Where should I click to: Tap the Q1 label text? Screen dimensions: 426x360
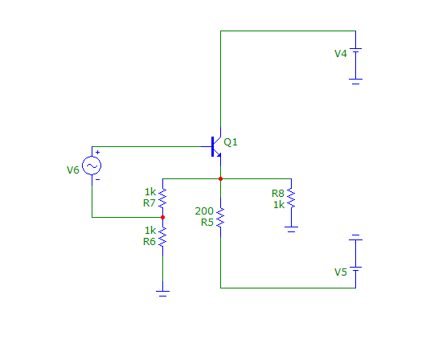click(x=231, y=142)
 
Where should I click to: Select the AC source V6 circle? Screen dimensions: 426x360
click(x=92, y=166)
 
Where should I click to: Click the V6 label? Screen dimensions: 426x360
click(x=73, y=170)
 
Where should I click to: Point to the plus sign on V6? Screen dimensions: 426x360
click(x=97, y=153)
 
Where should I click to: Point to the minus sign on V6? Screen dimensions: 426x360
click(x=98, y=179)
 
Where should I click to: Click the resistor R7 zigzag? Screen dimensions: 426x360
click(x=162, y=198)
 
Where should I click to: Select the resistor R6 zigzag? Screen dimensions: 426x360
click(x=162, y=236)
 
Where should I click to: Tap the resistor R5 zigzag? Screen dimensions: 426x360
click(x=220, y=217)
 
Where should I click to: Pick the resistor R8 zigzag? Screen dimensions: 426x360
click(x=291, y=198)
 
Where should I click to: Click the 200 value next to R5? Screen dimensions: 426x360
click(x=204, y=211)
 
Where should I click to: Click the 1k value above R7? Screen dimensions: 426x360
click(x=150, y=192)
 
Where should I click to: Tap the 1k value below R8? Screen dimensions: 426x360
click(x=279, y=205)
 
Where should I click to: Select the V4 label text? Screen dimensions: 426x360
click(x=341, y=54)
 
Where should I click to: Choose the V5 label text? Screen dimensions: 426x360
click(x=341, y=272)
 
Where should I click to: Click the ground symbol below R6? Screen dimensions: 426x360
click(x=162, y=293)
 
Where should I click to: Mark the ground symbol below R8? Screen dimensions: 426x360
click(x=291, y=229)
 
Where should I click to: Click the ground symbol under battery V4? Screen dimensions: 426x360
click(x=355, y=81)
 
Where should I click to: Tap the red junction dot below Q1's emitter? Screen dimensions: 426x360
click(x=220, y=178)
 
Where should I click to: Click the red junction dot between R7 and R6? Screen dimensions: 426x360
click(x=162, y=217)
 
